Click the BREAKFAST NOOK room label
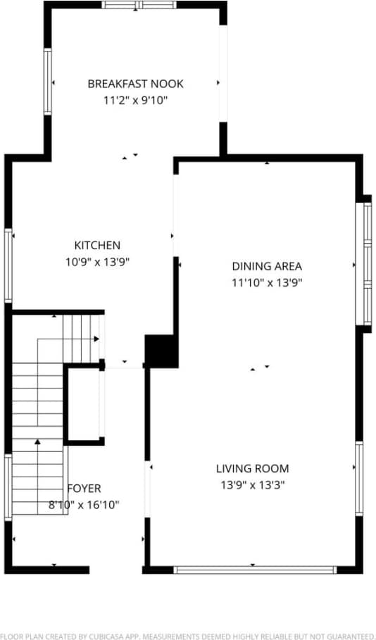[x=135, y=84]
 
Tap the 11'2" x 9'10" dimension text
[x=135, y=101]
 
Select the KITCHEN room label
[x=97, y=246]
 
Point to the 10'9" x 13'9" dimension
[x=97, y=262]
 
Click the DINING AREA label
[x=267, y=266]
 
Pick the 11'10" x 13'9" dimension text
[x=267, y=283]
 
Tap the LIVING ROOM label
[x=252, y=468]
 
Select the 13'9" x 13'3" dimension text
[x=252, y=484]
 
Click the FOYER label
[x=84, y=488]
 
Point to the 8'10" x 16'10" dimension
[x=84, y=504]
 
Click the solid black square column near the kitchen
[x=161, y=351]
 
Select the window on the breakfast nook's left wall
[x=47, y=82]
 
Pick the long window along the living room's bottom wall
[x=255, y=570]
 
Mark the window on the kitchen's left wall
[x=8, y=265]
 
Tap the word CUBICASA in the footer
[x=103, y=635]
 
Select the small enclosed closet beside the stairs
[x=84, y=404]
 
